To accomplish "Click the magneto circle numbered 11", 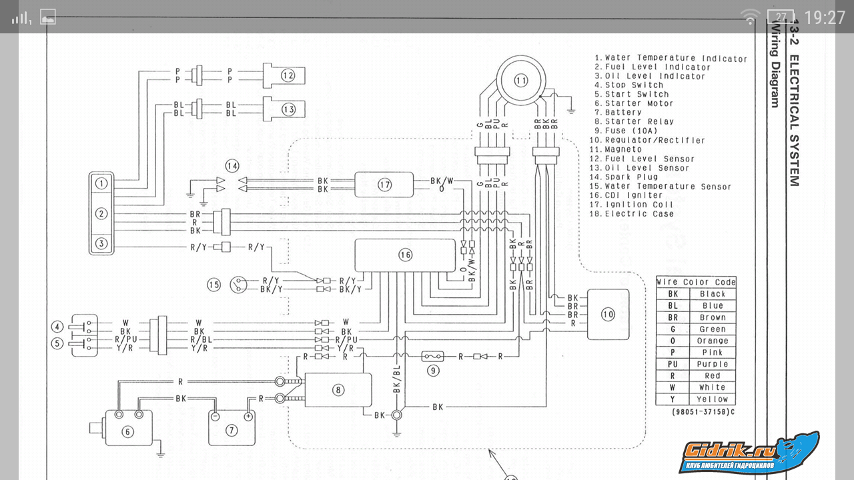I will point(520,81).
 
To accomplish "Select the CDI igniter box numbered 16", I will point(405,255).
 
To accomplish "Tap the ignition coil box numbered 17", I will point(384,185).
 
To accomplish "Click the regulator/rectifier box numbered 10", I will point(607,314).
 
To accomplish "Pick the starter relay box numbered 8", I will point(338,390).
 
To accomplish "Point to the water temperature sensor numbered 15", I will point(237,285).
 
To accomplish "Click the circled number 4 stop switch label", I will point(58,327).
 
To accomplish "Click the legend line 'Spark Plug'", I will point(632,177).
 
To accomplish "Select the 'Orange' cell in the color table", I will point(712,341).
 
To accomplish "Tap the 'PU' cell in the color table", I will point(673,364).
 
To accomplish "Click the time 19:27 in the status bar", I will point(825,17).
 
